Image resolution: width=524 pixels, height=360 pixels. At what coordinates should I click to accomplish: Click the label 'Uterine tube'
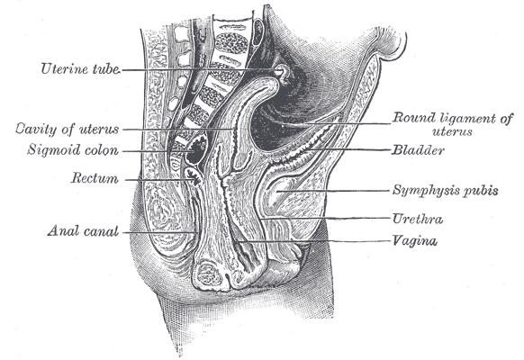tap(80, 68)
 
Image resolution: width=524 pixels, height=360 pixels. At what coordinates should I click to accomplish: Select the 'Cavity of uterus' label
tap(68, 129)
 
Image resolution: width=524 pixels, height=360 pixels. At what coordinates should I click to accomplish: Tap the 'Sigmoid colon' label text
tap(73, 150)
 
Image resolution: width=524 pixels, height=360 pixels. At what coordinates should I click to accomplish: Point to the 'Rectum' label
tap(95, 177)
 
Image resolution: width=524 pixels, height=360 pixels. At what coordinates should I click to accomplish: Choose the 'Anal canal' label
tap(83, 230)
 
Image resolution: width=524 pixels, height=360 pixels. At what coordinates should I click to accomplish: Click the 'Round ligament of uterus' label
tap(453, 124)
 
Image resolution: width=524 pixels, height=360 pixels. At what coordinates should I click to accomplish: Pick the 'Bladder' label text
tap(418, 150)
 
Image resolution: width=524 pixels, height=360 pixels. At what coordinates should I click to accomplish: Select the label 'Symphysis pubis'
tap(445, 191)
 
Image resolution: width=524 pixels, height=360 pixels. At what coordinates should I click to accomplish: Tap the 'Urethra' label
tap(418, 219)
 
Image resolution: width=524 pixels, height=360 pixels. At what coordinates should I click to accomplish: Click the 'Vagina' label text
tap(414, 240)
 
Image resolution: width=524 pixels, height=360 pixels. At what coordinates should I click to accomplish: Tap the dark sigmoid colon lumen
tap(196, 151)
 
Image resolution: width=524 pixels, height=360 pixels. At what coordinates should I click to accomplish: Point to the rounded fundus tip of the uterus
tap(271, 84)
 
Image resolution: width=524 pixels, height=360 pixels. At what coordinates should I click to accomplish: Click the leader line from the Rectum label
tap(160, 180)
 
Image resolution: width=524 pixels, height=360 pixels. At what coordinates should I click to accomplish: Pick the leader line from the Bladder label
tap(354, 149)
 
